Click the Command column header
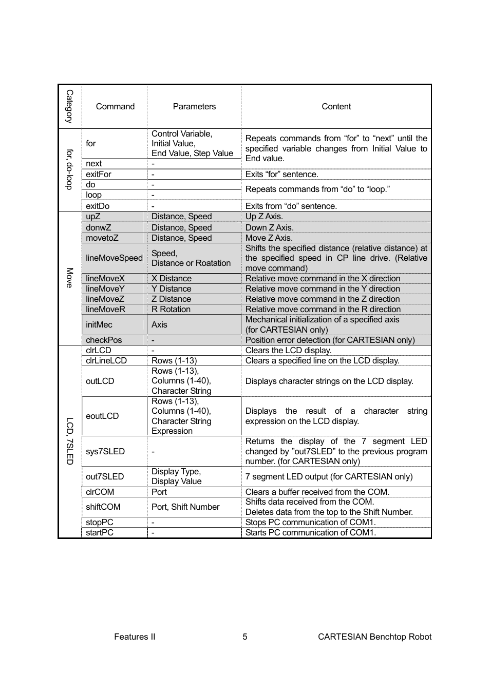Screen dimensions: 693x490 point(115,106)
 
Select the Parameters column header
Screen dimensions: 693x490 point(194,106)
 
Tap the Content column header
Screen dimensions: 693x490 point(336,106)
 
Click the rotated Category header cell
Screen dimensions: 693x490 point(69,106)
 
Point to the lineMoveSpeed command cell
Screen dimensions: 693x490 point(114,258)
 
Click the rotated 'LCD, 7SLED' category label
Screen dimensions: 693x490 point(69,441)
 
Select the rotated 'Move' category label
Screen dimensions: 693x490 point(69,278)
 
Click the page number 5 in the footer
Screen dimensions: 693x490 point(245,637)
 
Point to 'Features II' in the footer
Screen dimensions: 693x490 point(135,637)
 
